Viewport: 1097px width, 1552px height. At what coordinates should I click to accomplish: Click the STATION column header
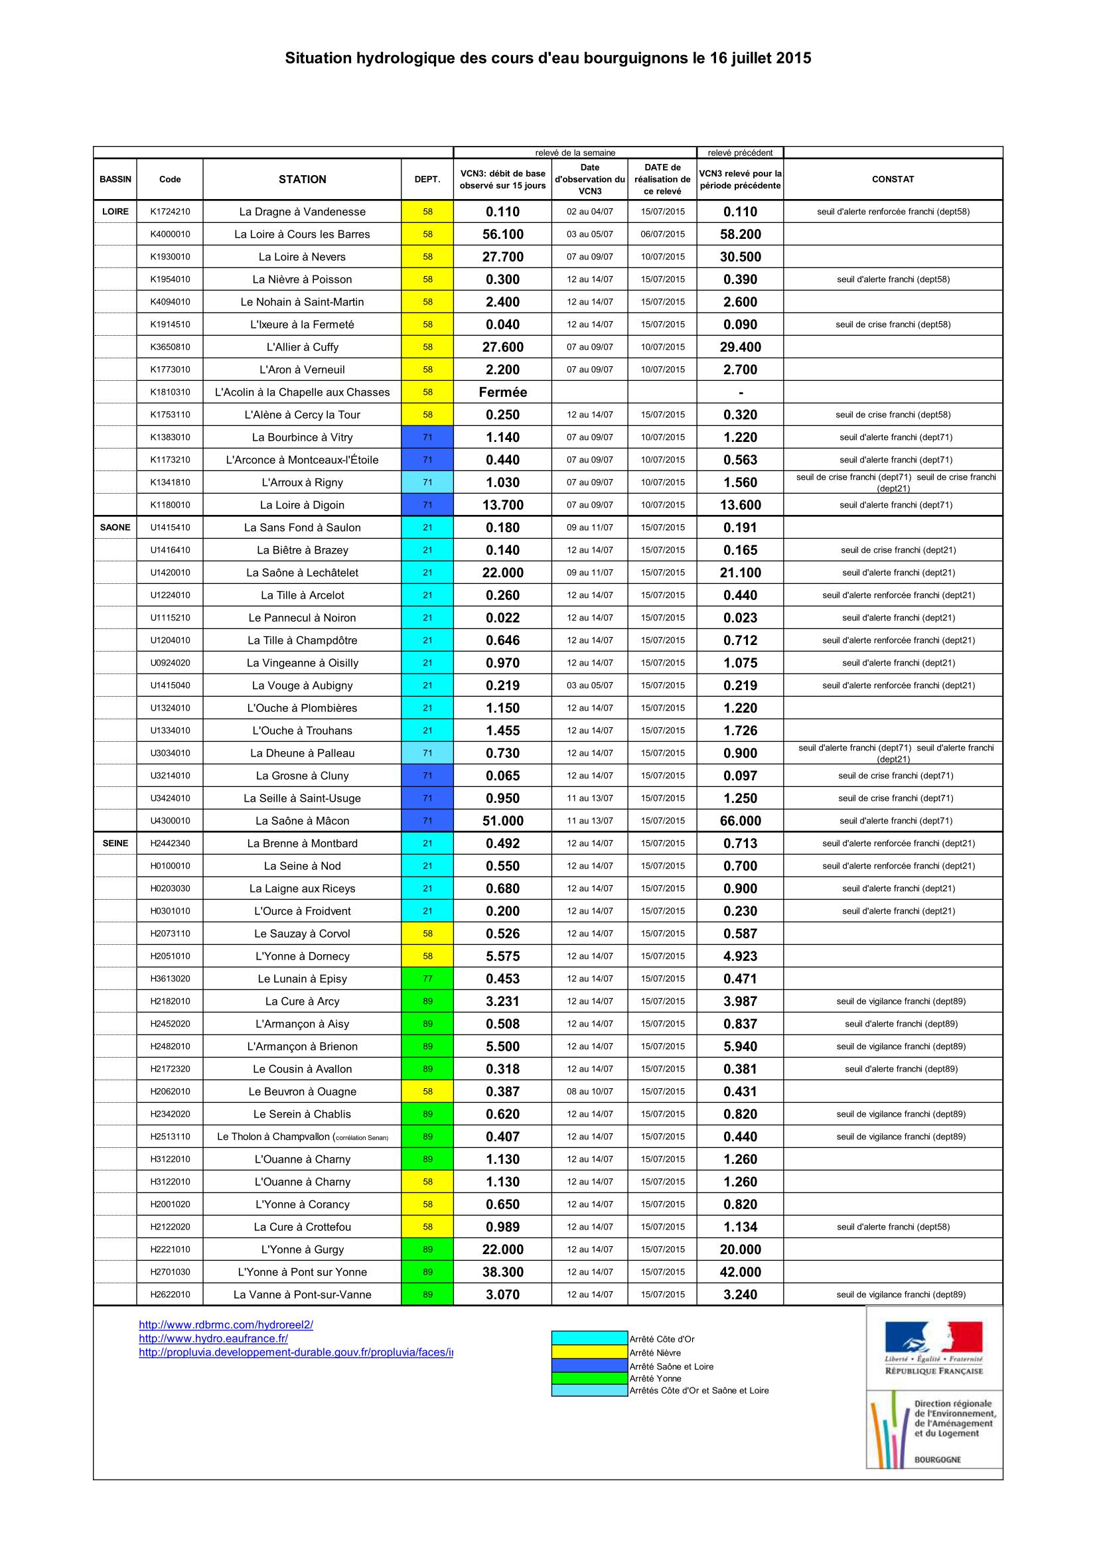tap(302, 179)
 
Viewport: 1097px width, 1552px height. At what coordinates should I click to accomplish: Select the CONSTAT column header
tap(892, 179)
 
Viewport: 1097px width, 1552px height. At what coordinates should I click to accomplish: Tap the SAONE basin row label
tap(115, 528)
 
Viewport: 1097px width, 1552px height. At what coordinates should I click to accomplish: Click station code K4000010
tap(170, 234)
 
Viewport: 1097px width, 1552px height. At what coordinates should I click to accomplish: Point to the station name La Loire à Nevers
tap(302, 257)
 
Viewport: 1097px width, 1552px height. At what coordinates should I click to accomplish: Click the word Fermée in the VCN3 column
tap(502, 392)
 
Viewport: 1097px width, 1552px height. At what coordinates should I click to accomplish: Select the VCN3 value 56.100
tap(502, 234)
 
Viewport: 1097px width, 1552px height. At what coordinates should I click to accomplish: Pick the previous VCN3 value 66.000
tap(740, 821)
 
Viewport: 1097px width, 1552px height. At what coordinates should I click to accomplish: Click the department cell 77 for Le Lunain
tap(427, 979)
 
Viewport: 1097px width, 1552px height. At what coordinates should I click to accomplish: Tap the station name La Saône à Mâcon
tap(302, 821)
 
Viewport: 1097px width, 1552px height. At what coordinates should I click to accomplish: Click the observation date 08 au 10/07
tap(589, 1091)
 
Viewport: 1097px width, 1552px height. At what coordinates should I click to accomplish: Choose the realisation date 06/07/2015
tap(662, 234)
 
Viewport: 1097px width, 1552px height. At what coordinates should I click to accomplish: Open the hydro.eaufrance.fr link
tap(213, 1338)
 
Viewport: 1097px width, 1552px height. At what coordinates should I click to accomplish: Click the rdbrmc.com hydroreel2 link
tap(226, 1325)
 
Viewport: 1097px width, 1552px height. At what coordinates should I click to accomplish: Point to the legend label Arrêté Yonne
tap(655, 1378)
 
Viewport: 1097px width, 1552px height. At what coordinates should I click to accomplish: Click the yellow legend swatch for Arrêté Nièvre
tap(589, 1352)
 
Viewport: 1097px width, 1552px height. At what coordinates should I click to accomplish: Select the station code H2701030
tap(170, 1271)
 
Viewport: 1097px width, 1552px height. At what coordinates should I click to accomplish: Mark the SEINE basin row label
tap(115, 843)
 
